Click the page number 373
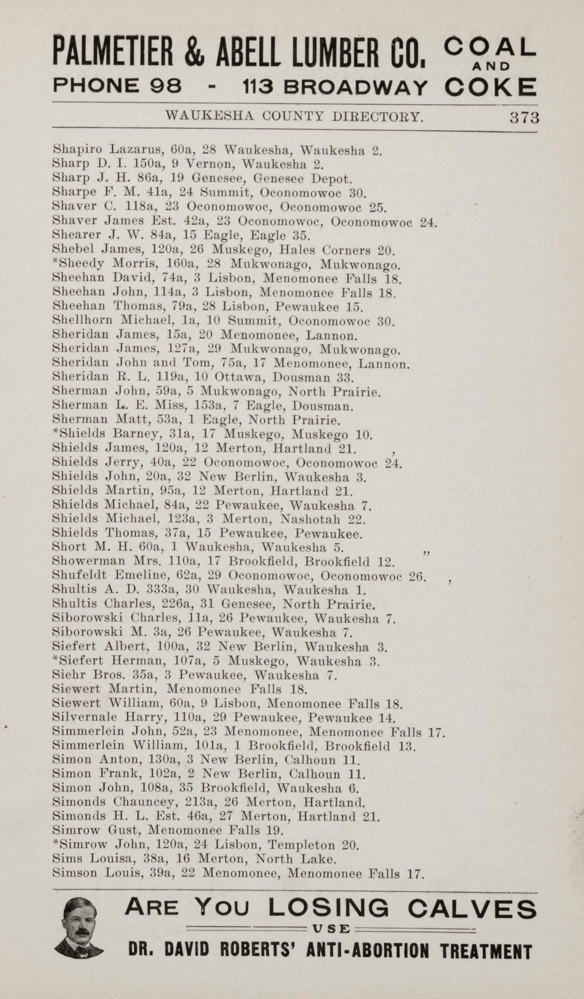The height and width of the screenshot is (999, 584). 524,118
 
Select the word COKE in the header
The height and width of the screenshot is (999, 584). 491,87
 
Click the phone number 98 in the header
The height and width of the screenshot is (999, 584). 166,86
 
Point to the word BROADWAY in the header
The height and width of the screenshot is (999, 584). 356,87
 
